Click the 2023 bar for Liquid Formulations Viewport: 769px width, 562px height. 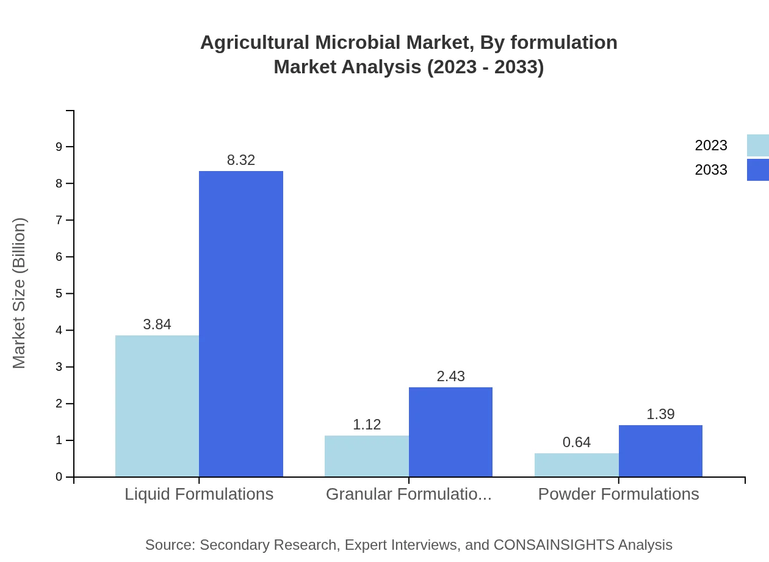point(157,406)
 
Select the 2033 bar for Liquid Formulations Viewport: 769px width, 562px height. point(241,324)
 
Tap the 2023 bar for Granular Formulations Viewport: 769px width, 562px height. point(367,456)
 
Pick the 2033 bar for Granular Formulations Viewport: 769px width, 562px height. point(450,432)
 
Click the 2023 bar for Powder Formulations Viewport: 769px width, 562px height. point(577,465)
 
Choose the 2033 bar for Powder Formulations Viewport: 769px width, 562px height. point(660,451)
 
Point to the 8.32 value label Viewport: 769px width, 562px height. point(241,160)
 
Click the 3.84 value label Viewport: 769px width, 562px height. point(157,325)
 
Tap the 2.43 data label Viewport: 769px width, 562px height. point(451,376)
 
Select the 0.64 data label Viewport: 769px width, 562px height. point(577,442)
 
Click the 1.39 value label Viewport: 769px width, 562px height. point(660,414)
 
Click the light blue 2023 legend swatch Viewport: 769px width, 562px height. point(757,145)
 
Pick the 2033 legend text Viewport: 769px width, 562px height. point(711,170)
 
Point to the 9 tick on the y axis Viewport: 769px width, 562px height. point(59,147)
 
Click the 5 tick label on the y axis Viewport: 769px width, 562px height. point(59,294)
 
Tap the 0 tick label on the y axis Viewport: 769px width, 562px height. point(59,477)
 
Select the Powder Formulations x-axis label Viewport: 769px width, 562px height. point(618,494)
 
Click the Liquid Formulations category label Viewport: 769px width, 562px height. point(199,494)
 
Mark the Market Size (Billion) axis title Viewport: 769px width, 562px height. point(20,293)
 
